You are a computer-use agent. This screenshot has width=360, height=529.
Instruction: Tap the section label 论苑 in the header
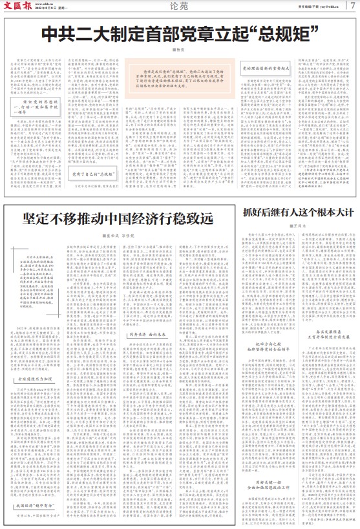(x=180, y=6)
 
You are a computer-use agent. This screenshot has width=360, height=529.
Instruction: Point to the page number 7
(x=352, y=6)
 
